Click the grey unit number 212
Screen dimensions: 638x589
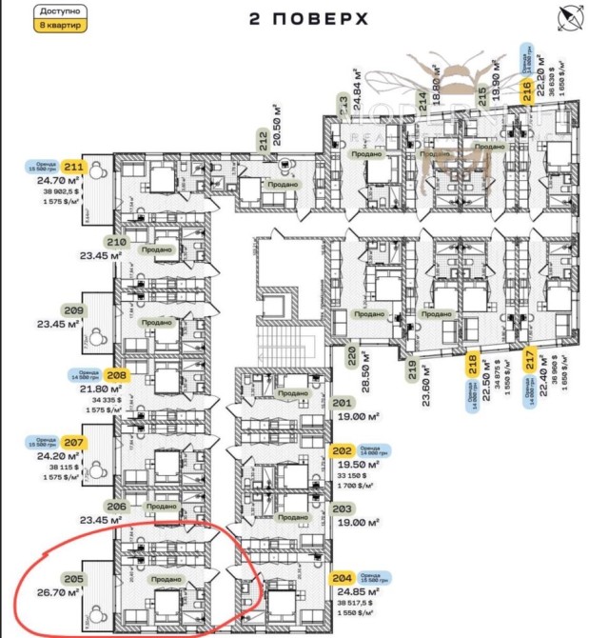click(261, 143)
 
